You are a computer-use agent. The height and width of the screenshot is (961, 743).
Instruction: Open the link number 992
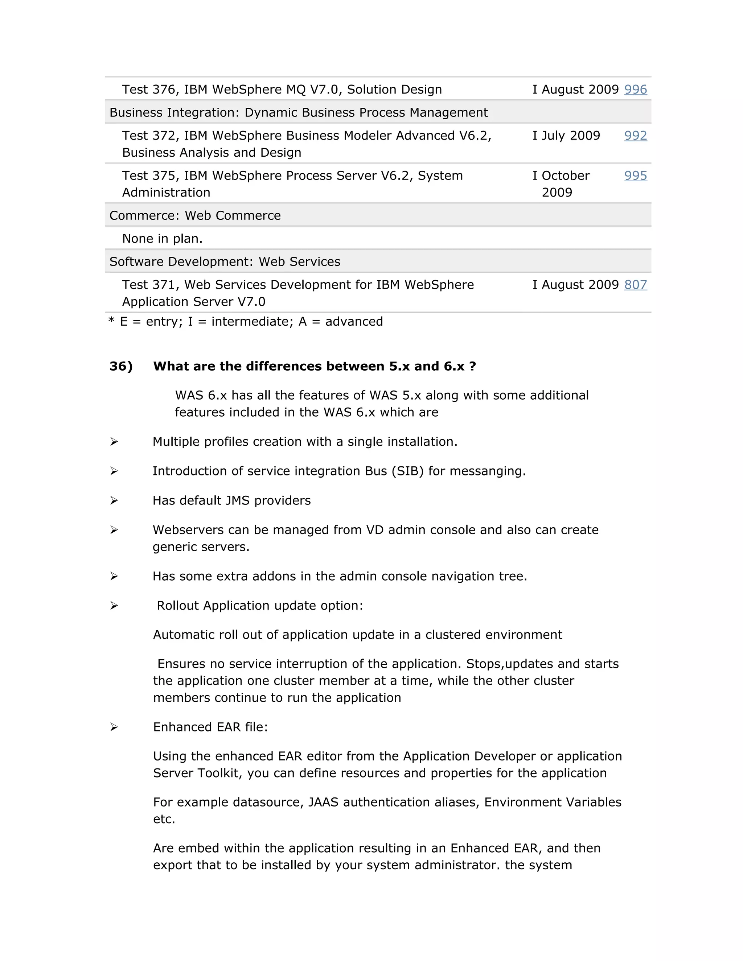click(635, 136)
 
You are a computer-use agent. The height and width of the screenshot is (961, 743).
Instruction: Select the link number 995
click(635, 176)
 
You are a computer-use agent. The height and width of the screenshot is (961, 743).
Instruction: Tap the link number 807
click(635, 285)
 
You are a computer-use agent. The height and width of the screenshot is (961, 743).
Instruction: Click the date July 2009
click(570, 136)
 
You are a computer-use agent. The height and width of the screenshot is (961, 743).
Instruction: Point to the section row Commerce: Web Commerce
click(195, 216)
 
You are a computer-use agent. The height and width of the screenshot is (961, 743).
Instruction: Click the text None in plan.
click(162, 239)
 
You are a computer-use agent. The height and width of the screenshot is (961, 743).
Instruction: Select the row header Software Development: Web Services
click(225, 262)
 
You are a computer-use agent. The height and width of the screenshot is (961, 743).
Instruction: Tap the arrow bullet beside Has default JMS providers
click(114, 501)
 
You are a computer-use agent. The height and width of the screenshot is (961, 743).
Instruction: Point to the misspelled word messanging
click(487, 471)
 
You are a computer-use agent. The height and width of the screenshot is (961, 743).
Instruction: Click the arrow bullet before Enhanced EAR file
click(114, 727)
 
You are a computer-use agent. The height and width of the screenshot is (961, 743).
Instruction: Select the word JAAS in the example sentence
click(323, 802)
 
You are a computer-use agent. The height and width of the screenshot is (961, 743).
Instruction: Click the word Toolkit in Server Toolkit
click(218, 773)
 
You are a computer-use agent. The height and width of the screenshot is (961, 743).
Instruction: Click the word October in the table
click(565, 176)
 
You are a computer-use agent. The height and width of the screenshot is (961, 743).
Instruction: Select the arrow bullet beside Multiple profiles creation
click(114, 442)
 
